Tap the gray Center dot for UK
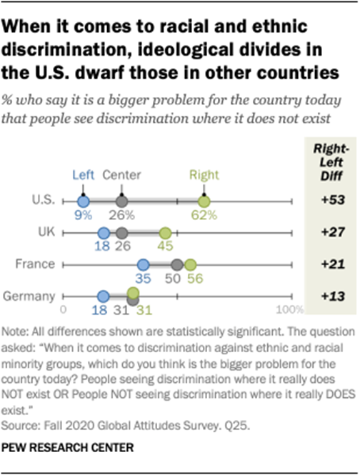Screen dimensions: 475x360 [x=121, y=233]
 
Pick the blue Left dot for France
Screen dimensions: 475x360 [x=143, y=264]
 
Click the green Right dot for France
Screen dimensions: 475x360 [x=191, y=264]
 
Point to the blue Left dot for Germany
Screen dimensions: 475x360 [x=103, y=294]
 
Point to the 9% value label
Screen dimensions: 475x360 [x=84, y=216]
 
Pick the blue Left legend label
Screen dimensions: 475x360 [x=82, y=174]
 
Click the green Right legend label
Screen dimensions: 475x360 [x=204, y=174]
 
